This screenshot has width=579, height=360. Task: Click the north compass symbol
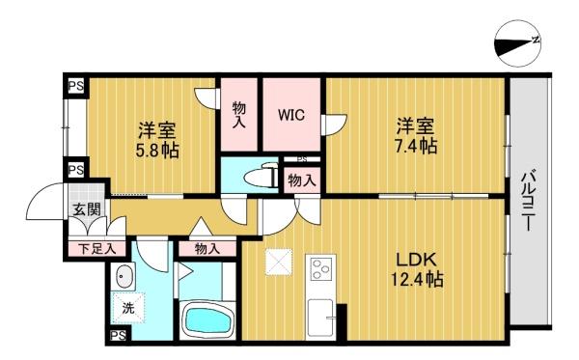[x=517, y=43]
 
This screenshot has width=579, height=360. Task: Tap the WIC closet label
[x=291, y=115]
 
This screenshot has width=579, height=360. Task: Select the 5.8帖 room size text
[x=157, y=151]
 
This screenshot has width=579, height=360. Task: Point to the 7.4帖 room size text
[x=416, y=146]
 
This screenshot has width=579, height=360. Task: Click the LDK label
[x=417, y=260]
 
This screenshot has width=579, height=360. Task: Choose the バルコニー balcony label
[x=529, y=200]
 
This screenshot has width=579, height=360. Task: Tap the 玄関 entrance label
[x=87, y=209]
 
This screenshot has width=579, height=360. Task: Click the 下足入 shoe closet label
[x=97, y=249]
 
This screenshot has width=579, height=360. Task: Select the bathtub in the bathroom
[x=207, y=321]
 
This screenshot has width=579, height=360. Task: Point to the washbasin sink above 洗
[x=124, y=276]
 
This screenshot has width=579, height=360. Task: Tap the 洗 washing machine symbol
[x=128, y=307]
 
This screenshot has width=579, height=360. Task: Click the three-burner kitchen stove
[x=320, y=268]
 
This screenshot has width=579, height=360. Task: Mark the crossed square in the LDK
[x=279, y=262]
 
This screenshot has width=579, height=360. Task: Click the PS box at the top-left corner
[x=75, y=87]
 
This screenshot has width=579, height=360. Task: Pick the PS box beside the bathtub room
[x=119, y=336]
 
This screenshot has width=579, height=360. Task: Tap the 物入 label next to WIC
[x=239, y=115]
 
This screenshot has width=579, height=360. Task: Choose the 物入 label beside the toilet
[x=302, y=180]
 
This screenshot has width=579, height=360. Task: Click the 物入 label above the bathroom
[x=207, y=249]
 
